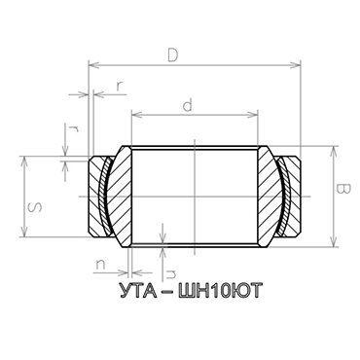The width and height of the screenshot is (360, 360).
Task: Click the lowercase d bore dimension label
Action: point(186,101)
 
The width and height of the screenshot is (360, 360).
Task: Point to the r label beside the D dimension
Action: point(119,85)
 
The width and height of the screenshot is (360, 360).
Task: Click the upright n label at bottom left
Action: point(101,263)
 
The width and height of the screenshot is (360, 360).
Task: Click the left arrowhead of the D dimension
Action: point(91,65)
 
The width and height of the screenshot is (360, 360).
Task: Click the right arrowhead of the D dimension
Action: point(297,65)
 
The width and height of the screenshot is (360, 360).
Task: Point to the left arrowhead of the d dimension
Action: point(133,114)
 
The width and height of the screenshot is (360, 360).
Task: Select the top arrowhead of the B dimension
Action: point(334,149)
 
